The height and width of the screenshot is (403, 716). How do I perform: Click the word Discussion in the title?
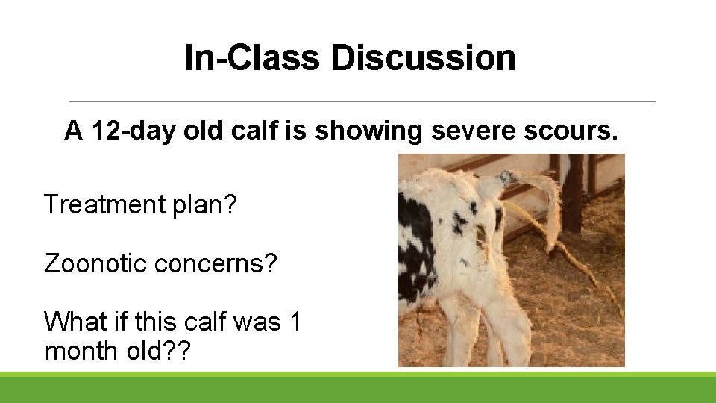point(423,58)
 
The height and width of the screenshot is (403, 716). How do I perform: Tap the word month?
point(79,349)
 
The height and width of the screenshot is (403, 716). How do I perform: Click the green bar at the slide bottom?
point(358,387)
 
